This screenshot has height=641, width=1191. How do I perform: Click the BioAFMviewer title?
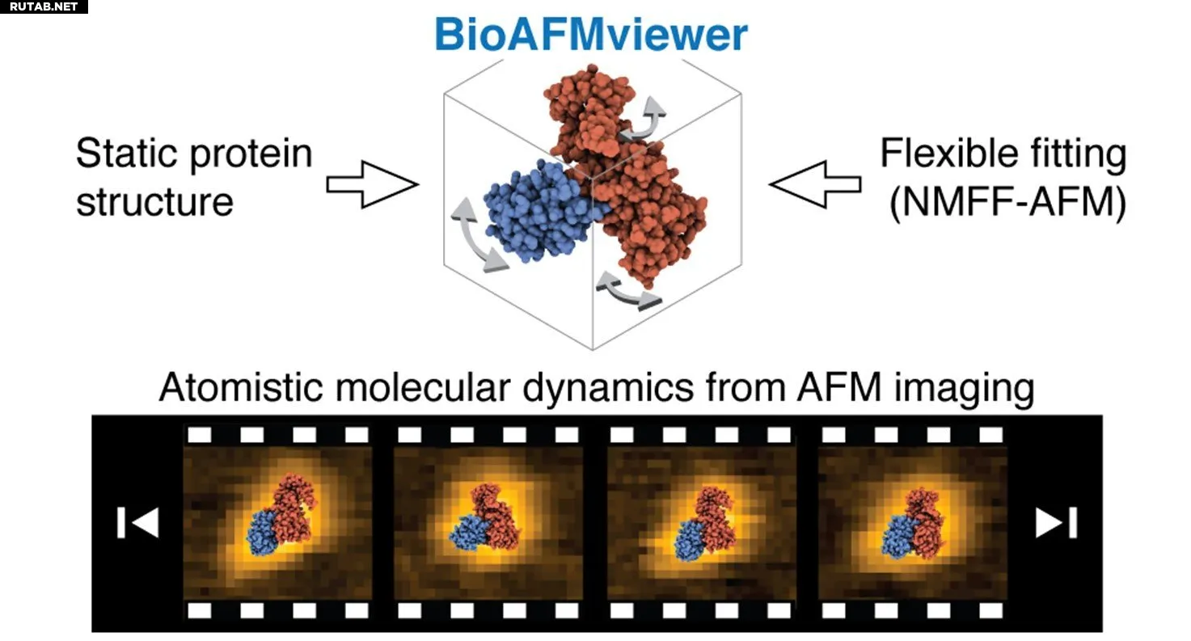coord(591,34)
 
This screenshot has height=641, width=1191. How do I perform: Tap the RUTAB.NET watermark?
coord(44,6)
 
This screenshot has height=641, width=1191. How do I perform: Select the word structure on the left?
coord(154,200)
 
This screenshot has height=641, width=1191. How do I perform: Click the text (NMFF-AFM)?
coord(1007,202)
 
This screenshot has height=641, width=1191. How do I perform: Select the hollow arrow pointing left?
coord(815,184)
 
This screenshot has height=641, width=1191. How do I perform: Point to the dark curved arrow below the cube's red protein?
coord(627,293)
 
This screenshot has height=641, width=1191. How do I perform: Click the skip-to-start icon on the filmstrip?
coord(137,522)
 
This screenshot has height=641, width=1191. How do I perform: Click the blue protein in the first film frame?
coord(262,532)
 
